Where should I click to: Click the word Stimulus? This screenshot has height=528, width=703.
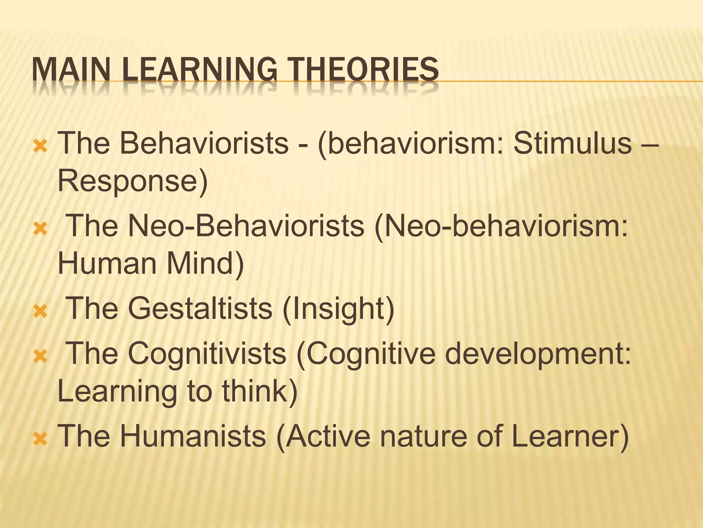pyautogui.click(x=572, y=143)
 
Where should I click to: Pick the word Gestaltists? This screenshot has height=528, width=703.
pyautogui.click(x=200, y=308)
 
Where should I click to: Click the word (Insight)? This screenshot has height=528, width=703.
pyautogui.click(x=338, y=309)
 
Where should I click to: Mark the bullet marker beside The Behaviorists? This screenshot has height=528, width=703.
pyautogui.click(x=41, y=147)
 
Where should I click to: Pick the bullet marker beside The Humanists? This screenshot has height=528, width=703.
pyautogui.click(x=41, y=439)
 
